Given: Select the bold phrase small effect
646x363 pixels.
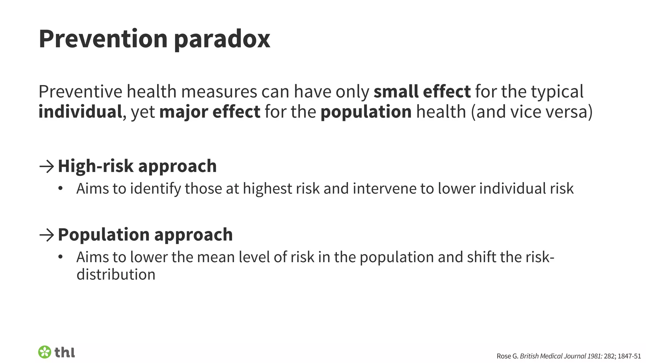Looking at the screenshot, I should coord(422,92).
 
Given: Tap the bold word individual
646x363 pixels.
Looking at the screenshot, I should coord(80,112).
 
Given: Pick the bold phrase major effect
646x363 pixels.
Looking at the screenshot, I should coord(210,112).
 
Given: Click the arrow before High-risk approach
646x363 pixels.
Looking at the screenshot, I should coord(47,166).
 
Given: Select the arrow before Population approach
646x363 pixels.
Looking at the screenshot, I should coord(47,235).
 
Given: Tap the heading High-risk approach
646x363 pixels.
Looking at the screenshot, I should coord(137,166).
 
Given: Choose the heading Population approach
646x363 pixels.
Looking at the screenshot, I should coord(145,235).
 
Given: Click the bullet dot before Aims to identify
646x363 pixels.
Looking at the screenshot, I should coord(61,189).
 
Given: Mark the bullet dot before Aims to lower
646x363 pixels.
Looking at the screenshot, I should coord(61,257).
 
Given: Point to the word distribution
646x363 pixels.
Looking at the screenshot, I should coord(116,274).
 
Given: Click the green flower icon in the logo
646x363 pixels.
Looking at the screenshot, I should coord(44,352).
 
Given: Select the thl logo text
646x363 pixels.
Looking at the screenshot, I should coord(65,352).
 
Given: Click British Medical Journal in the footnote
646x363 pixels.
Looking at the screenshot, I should coord(552,356).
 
